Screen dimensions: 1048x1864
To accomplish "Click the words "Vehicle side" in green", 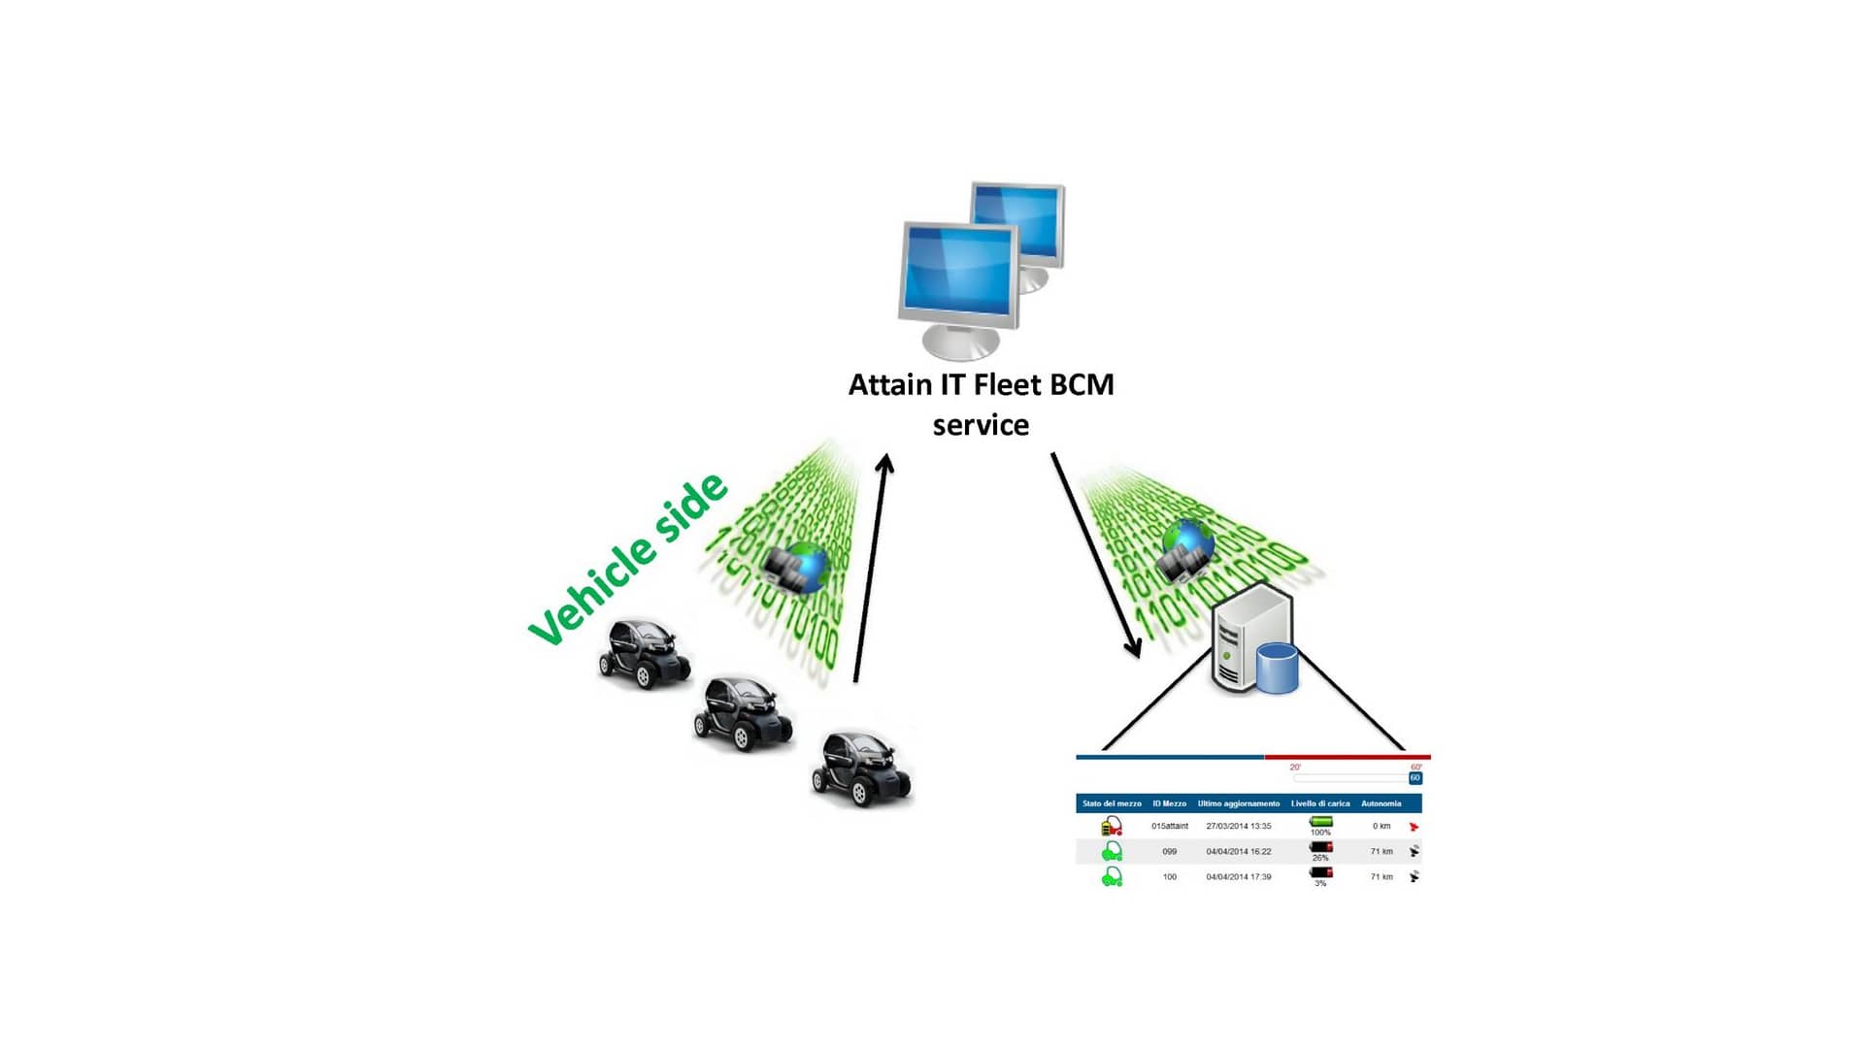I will (x=627, y=559).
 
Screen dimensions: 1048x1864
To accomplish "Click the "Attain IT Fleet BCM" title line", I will (x=981, y=385).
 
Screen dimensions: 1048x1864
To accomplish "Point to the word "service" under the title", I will (x=981, y=425).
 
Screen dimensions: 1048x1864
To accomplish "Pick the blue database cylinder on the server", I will (x=1277, y=668).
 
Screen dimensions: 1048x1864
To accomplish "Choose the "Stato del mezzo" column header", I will (x=1112, y=803).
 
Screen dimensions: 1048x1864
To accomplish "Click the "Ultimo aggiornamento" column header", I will (x=1238, y=803).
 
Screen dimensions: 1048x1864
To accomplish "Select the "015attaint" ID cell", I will (x=1170, y=827).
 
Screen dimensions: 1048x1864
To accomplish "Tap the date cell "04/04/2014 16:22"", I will (x=1239, y=852).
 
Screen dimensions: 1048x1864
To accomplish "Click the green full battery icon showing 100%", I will (x=1320, y=822).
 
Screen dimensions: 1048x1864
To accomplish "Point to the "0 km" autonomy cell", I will (x=1381, y=827).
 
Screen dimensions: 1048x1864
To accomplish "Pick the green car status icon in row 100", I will (x=1112, y=877).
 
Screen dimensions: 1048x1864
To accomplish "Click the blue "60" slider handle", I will (x=1415, y=778).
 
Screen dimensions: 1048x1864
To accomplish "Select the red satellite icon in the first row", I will (x=1414, y=827).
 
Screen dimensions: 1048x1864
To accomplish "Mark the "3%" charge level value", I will (x=1320, y=884).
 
